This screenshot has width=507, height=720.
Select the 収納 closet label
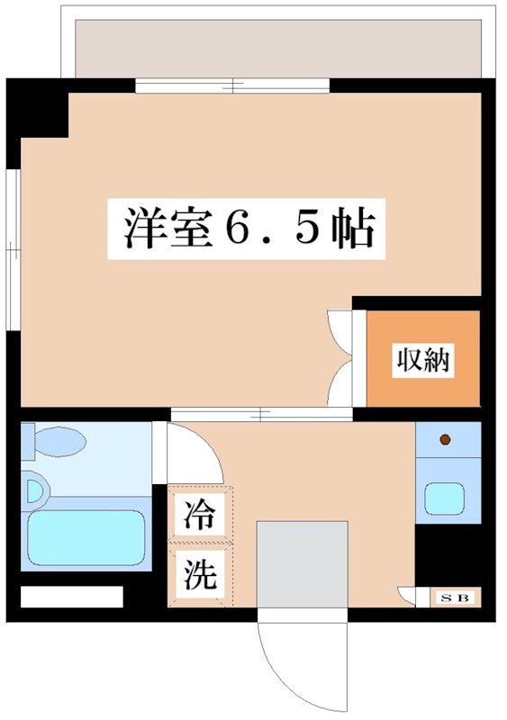(422, 361)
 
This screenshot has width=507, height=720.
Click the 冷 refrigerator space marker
(200, 516)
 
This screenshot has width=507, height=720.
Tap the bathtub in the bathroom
(86, 539)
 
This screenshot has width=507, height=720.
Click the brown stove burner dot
(445, 440)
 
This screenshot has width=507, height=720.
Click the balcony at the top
(279, 45)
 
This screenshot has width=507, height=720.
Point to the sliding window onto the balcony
(232, 86)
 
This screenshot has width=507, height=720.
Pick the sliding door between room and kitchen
(261, 415)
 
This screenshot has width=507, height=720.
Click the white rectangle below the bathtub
(71, 597)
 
